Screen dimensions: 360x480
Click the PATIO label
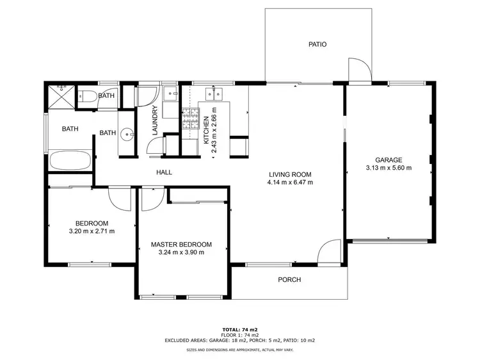[317, 45]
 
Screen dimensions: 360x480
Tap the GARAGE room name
[388, 160]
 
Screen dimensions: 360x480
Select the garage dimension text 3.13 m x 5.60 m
[388, 168]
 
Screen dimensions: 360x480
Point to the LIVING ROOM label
[290, 174]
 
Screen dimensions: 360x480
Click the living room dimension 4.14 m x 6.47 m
[290, 183]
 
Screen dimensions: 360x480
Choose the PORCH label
[289, 280]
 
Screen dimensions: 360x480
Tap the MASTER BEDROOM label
[181, 244]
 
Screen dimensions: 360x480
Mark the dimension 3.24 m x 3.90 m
[181, 252]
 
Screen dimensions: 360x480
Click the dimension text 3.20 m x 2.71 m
[92, 231]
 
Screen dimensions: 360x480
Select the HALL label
[164, 172]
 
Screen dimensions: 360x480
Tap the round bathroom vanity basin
[128, 134]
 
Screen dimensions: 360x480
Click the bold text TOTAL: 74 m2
[240, 327]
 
